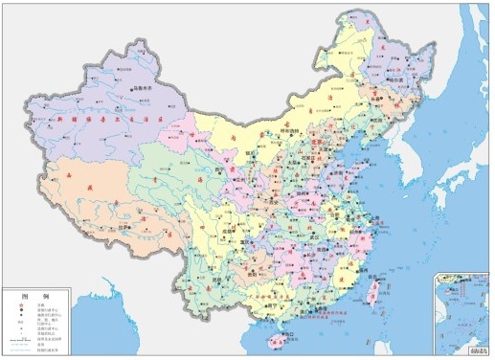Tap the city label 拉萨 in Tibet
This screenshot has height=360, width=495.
click(124, 227)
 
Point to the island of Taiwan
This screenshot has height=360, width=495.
click(371, 289)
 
